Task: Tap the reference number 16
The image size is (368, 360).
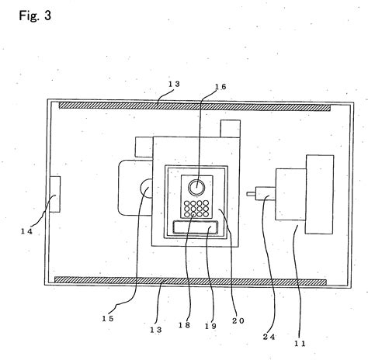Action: pyautogui.click(x=220, y=88)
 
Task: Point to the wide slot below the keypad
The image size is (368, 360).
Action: pyautogui.click(x=196, y=227)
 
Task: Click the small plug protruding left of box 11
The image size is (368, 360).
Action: pyautogui.click(x=256, y=195)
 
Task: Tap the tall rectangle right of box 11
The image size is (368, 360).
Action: pyautogui.click(x=320, y=193)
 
